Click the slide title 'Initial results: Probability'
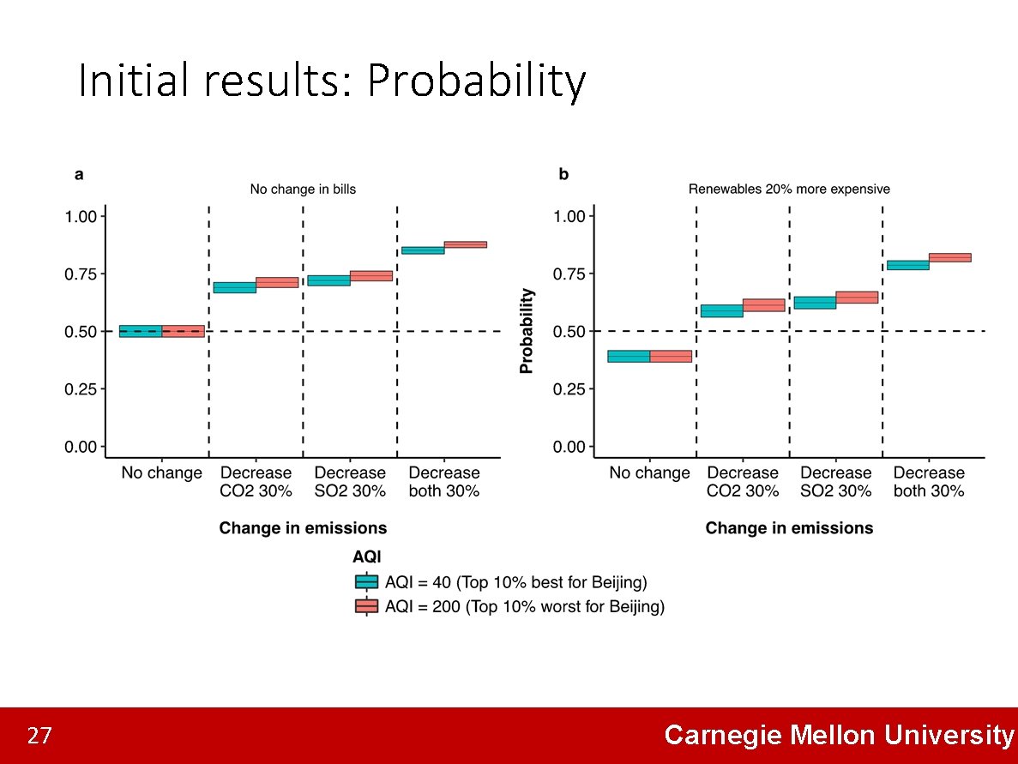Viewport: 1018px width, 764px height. (331, 82)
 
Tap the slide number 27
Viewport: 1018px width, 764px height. (39, 736)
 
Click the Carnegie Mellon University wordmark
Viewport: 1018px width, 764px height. (838, 735)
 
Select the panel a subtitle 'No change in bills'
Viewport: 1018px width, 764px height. (303, 189)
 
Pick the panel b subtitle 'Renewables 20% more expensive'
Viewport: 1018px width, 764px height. (789, 189)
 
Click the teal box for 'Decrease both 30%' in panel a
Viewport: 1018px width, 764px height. (423, 250)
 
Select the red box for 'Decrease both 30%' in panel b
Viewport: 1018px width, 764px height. (949, 257)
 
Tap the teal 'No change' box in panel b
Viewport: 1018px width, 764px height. (629, 356)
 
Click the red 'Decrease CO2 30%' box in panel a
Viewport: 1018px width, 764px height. (277, 282)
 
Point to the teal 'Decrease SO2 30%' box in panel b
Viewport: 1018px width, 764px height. (814, 303)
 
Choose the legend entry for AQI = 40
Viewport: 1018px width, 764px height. (501, 582)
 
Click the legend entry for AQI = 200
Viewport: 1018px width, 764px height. (509, 607)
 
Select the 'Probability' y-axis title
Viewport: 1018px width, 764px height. (527, 331)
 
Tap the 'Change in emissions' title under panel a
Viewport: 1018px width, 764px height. (303, 528)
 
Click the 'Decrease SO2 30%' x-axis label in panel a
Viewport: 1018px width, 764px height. (349, 482)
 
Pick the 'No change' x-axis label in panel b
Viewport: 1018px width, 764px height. (649, 473)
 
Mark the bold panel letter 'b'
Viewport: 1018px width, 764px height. (563, 175)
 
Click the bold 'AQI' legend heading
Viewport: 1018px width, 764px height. (367, 556)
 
